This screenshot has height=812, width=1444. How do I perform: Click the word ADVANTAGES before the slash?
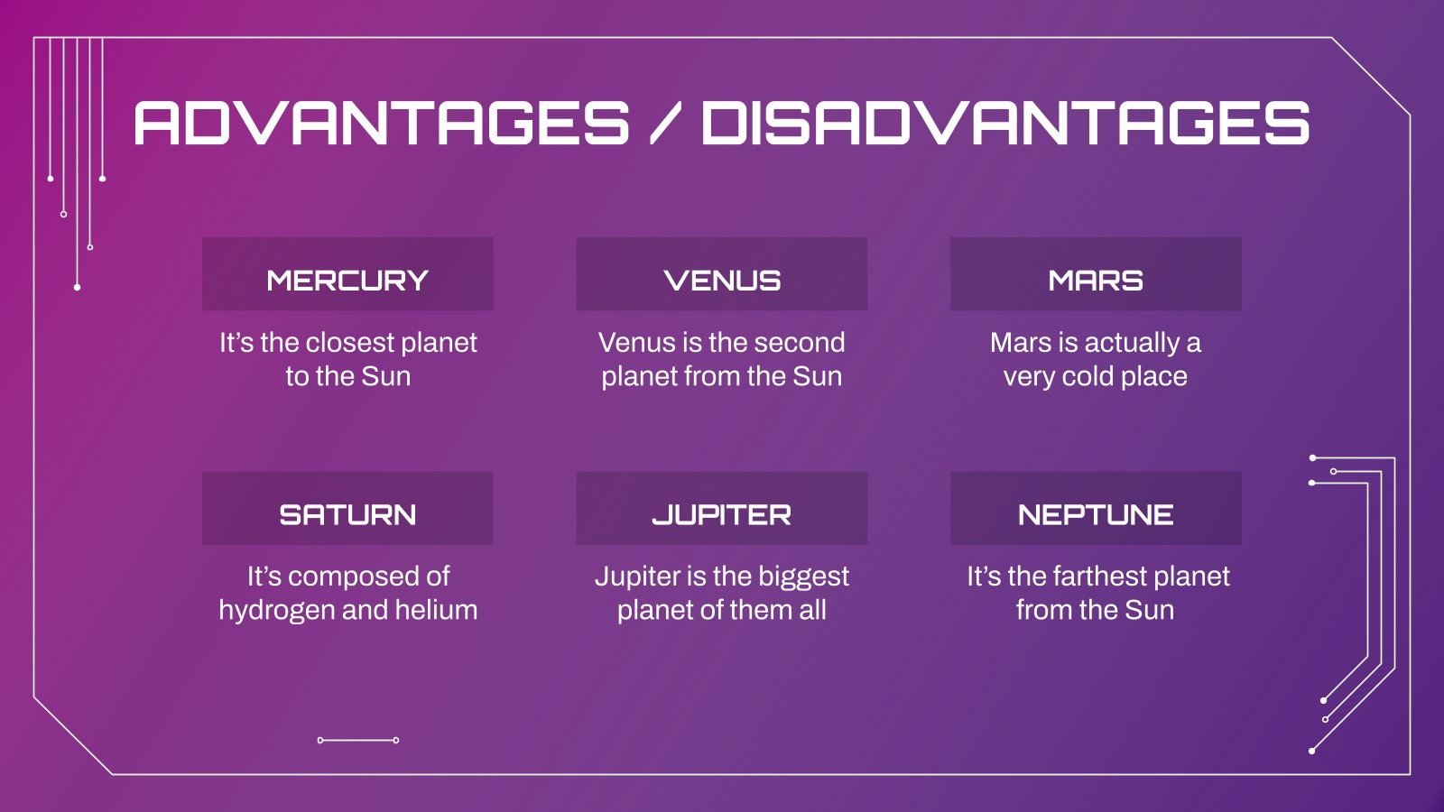click(381, 123)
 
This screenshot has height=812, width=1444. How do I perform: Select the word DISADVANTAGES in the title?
click(1004, 123)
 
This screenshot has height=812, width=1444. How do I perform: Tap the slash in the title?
click(665, 125)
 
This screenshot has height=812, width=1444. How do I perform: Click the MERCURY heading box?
click(347, 274)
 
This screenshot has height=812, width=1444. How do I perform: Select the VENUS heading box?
click(721, 274)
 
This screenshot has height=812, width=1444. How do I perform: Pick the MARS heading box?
click(1096, 274)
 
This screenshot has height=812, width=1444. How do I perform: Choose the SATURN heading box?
click(347, 508)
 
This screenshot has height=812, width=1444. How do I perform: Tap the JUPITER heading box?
click(721, 508)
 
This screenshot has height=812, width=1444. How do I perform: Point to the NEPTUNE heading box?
click(1096, 508)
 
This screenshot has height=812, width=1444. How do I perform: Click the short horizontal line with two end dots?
click(358, 740)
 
